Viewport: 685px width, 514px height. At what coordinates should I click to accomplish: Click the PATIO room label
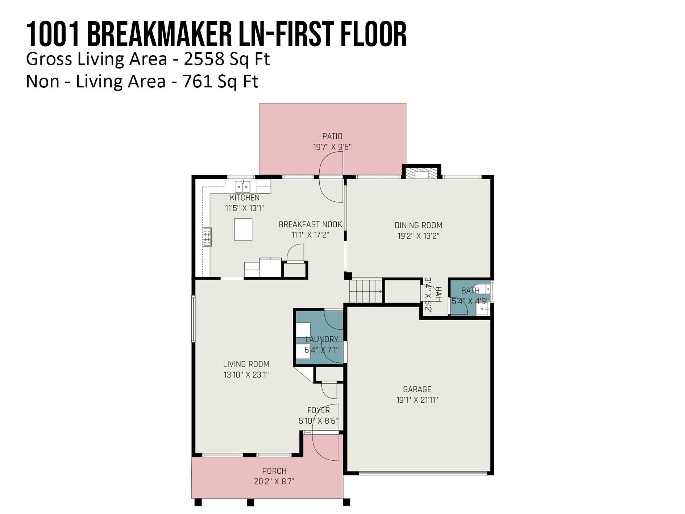[332, 136]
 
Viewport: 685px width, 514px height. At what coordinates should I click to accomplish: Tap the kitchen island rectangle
[243, 229]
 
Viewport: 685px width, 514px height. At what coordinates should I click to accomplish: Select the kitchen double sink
[242, 187]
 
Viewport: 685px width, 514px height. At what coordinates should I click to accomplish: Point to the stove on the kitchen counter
[207, 237]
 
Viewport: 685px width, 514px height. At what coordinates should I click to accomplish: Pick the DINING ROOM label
[418, 225]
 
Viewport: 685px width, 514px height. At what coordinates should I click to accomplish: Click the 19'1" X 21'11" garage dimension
[417, 400]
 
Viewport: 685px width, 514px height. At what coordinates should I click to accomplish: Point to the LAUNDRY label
[321, 340]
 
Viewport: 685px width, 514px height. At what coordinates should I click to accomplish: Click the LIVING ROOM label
[246, 364]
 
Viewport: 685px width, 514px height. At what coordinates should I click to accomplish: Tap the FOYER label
[318, 410]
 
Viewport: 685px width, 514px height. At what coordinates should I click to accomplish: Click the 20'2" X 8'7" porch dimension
[274, 482]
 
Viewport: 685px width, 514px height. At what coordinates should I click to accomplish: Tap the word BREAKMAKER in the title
[159, 34]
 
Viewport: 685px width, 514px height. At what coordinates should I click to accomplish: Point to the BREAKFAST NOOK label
[310, 225]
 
